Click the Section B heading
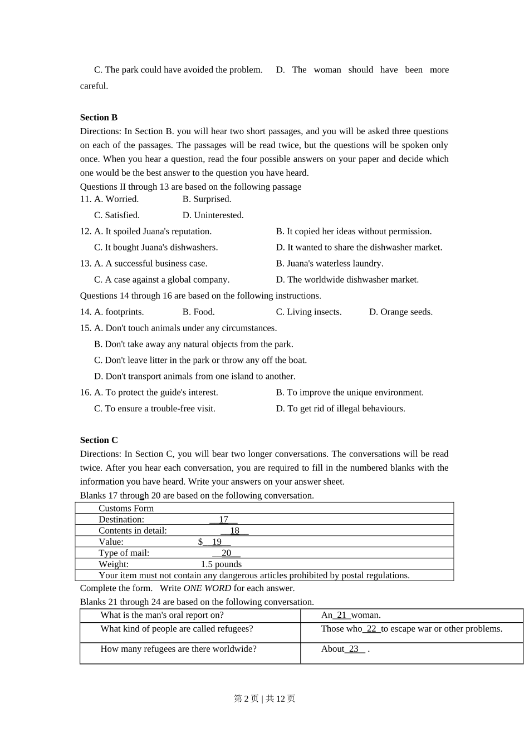point(99,117)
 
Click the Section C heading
point(99,440)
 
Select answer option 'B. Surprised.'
point(207,199)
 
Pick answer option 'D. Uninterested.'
point(213,215)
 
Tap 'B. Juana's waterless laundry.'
point(330,264)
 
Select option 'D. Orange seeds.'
point(400,312)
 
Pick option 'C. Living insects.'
point(308,312)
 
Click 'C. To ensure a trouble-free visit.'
point(154,409)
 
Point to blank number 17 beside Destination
point(223,520)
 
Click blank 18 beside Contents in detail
point(234,531)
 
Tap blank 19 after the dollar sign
point(217,542)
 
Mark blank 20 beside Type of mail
point(226,553)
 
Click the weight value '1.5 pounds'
point(221,564)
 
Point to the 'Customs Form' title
point(126,509)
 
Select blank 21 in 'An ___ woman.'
point(341,616)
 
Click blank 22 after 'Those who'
point(371,629)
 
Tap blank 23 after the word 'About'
point(354,649)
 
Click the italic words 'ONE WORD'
point(207,588)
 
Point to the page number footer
point(264,699)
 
